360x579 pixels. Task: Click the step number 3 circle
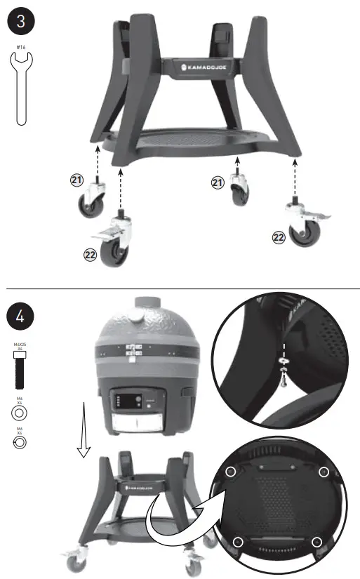tap(21, 21)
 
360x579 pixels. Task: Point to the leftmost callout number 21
tap(78, 181)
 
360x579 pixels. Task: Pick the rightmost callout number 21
tap(218, 182)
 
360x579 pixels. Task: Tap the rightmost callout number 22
tap(278, 239)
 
